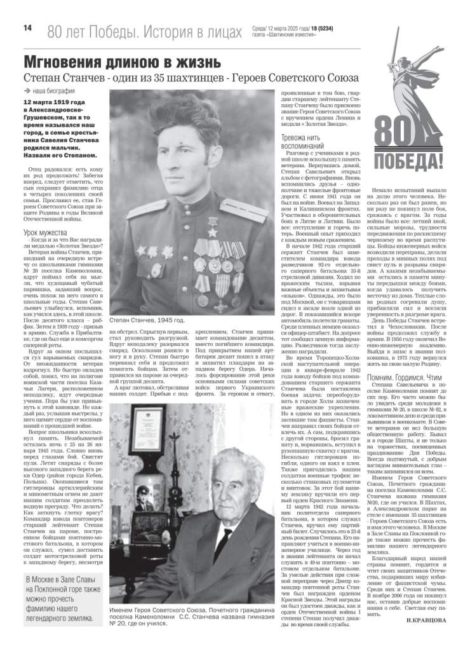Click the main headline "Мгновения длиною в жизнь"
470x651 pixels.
point(123,62)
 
